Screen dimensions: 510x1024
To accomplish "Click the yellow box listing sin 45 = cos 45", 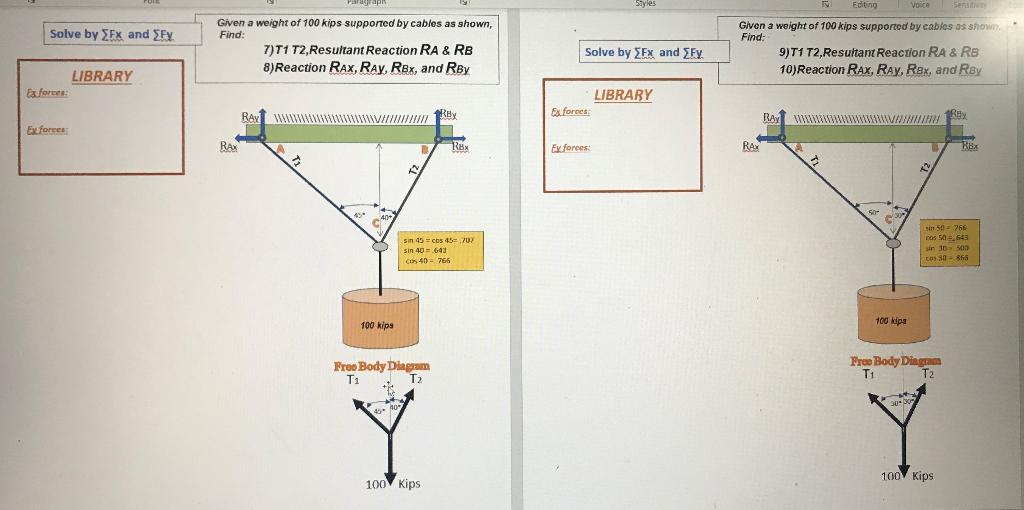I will click(440, 250).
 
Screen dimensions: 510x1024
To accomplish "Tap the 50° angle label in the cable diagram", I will click(872, 213).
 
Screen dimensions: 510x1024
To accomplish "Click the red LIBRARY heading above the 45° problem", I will click(101, 76).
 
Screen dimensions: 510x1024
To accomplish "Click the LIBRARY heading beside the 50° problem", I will click(622, 95).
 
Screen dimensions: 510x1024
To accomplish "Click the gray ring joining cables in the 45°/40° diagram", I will click(379, 245).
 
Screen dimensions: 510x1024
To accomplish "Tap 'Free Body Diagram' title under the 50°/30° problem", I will click(894, 361).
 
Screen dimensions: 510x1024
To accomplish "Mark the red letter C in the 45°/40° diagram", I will click(377, 222).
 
